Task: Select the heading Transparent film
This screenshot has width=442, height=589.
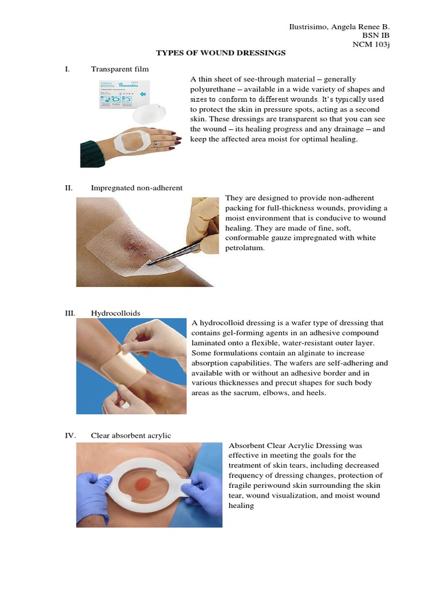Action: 120,69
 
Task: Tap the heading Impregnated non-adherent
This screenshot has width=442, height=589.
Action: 136,188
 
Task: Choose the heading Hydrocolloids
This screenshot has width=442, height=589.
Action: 116,313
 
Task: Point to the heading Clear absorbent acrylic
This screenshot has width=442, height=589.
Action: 131,435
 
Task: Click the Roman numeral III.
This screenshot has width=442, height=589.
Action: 70,313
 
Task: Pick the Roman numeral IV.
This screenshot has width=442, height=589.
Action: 70,435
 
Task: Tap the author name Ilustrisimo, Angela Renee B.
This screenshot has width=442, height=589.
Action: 338,26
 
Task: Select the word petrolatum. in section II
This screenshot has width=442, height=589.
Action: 245,248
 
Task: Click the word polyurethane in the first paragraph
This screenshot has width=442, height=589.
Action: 214,89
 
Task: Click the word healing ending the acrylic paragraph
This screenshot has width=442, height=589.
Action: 241,506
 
